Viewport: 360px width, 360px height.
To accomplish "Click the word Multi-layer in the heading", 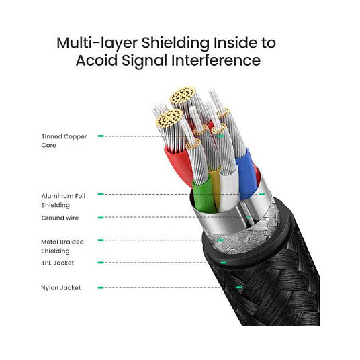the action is (x=97, y=43).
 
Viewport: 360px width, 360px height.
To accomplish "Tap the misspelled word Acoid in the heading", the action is (x=97, y=60).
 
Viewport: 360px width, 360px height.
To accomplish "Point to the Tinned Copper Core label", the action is (x=64, y=141).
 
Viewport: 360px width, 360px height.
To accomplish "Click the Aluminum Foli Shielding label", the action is (x=63, y=200).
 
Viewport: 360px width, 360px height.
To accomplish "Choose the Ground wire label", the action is (x=60, y=218).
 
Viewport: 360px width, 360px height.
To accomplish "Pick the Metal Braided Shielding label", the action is (x=62, y=246).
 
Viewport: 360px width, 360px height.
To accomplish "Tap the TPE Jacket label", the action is (x=58, y=263).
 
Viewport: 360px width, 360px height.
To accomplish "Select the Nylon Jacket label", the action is (x=61, y=288).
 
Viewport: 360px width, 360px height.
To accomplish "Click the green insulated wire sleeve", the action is (x=204, y=195).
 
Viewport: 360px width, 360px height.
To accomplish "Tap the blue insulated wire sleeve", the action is (x=246, y=174).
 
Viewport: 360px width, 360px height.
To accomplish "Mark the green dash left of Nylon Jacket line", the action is (x=101, y=287).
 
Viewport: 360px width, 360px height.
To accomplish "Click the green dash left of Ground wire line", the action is (x=101, y=218).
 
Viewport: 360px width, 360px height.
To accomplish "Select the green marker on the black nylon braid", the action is (x=239, y=287).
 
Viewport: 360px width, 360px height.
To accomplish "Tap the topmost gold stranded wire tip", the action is (x=183, y=95).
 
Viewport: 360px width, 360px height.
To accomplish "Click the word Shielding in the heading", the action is (x=175, y=44).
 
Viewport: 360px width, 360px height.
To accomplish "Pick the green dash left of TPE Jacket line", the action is (x=101, y=263).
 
